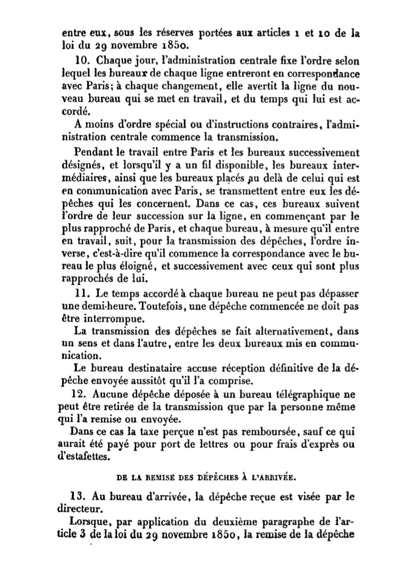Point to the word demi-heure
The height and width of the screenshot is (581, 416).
(x=103, y=306)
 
